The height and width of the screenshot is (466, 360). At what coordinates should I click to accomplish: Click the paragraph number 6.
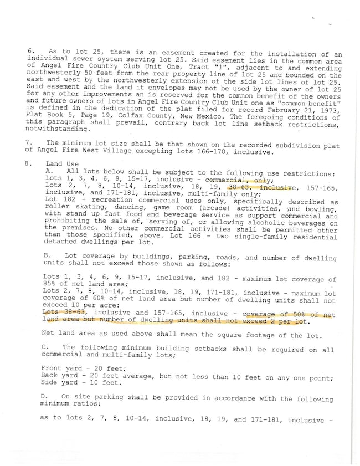click(x=30, y=50)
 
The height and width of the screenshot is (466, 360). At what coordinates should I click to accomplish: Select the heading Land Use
click(x=62, y=164)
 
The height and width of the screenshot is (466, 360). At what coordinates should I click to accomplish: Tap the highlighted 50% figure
click(x=296, y=315)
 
